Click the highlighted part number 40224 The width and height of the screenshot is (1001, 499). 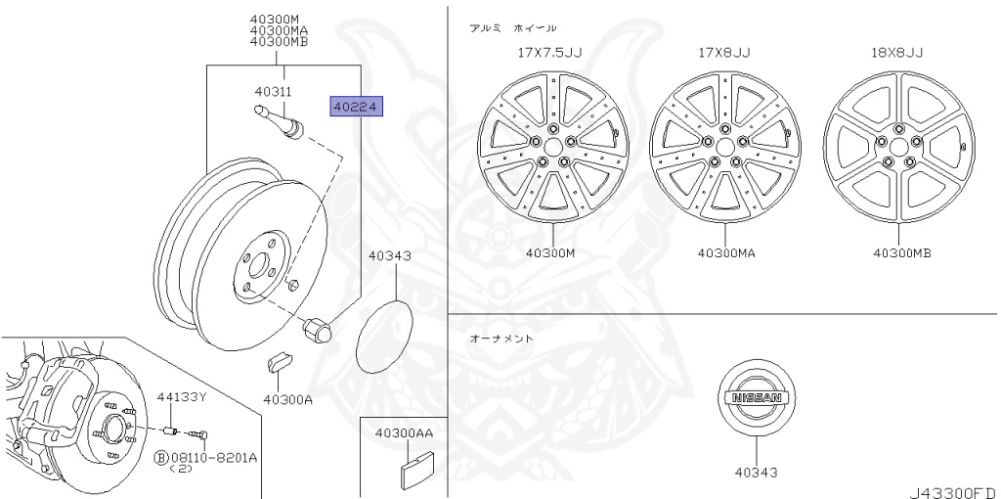click(x=356, y=106)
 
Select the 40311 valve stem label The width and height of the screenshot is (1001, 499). click(x=274, y=91)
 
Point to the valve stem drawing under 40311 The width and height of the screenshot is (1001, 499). click(x=279, y=120)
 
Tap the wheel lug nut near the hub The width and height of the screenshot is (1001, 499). click(x=318, y=329)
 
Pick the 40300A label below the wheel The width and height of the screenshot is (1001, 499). click(x=288, y=400)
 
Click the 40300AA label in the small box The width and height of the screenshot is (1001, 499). click(x=404, y=432)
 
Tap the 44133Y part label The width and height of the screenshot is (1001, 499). click(x=182, y=397)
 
